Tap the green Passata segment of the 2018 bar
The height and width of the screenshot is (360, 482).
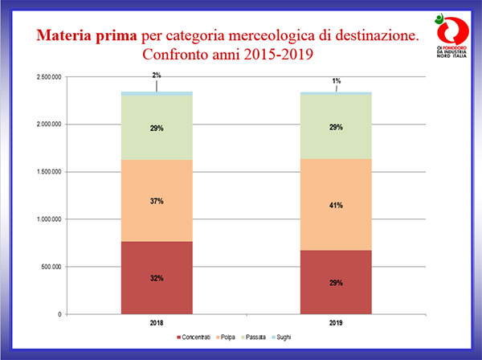pyautogui.click(x=157, y=145)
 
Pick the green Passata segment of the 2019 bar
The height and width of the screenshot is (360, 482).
pyautogui.click(x=335, y=145)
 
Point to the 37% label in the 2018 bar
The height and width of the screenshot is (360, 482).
pyautogui.click(x=157, y=201)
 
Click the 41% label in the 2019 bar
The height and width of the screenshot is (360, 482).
pyautogui.click(x=335, y=206)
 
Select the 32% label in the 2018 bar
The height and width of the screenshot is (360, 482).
pyautogui.click(x=157, y=278)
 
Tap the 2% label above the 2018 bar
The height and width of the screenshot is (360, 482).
pyautogui.click(x=157, y=76)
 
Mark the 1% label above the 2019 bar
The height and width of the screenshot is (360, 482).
pyautogui.click(x=336, y=80)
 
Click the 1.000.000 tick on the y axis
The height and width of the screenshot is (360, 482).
pyautogui.click(x=51, y=219)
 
